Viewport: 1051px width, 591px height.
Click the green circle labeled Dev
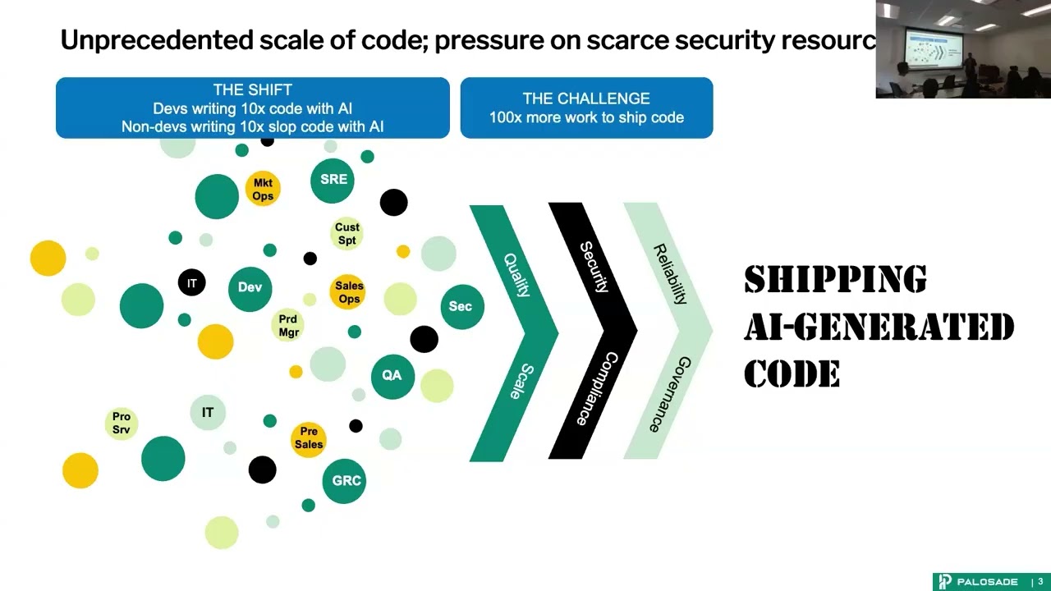[250, 288]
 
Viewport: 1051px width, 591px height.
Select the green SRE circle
[333, 180]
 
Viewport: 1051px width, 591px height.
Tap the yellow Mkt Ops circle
[263, 190]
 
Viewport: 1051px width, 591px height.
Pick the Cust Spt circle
[347, 234]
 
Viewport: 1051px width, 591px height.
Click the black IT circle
[192, 283]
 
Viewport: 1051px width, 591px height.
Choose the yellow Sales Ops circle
[349, 292]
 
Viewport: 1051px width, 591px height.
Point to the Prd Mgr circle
[288, 326]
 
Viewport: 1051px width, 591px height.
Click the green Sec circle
[461, 307]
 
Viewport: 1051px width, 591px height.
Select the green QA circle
[392, 376]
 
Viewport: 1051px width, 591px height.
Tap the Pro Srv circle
[122, 423]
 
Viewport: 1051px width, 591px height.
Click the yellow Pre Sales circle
[309, 438]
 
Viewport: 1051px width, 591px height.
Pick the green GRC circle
[346, 481]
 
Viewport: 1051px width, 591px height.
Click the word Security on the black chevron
[594, 268]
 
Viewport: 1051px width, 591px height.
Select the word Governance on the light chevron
[669, 394]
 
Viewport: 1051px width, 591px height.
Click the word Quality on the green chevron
[516, 275]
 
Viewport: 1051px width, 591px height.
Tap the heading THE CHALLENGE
[586, 98]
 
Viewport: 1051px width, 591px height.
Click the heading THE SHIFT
[252, 90]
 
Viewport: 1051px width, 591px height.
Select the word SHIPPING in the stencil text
[835, 280]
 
